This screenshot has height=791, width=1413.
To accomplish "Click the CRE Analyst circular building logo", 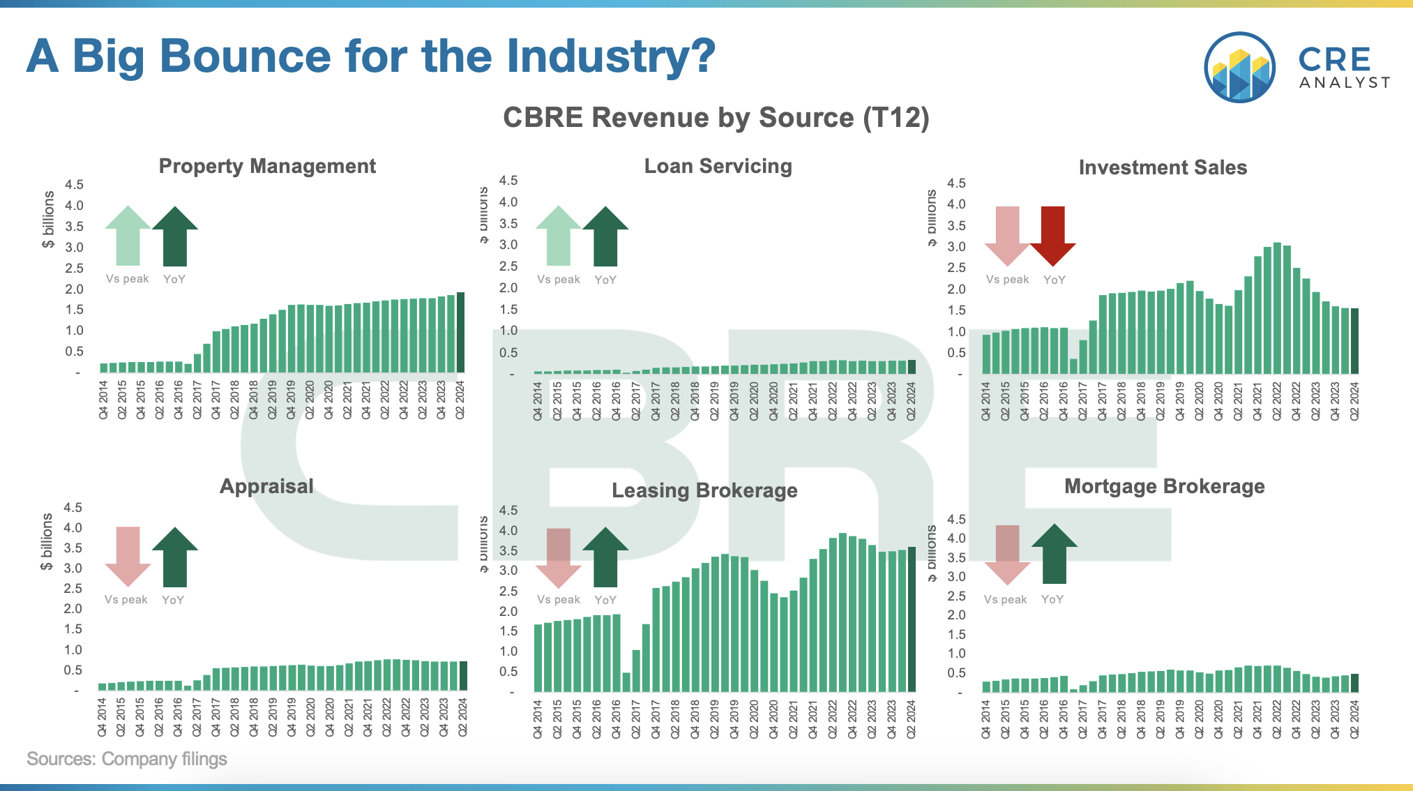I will (x=1239, y=68).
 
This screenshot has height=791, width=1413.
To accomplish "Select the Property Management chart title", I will (x=267, y=166).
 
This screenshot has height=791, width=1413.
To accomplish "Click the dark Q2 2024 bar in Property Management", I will (x=460, y=332).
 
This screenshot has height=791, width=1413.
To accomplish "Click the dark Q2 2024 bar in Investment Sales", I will (x=1354, y=340).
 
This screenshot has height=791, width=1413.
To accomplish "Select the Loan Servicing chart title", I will (x=718, y=166).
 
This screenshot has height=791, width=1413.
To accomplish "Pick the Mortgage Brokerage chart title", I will (x=1164, y=486).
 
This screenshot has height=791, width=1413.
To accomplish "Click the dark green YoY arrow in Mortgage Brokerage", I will (x=1055, y=554).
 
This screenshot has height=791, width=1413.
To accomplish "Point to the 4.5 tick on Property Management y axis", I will (x=74, y=185).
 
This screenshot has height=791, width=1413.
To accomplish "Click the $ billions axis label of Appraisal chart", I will (x=47, y=542).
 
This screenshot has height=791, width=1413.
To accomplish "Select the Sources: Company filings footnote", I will (x=127, y=759).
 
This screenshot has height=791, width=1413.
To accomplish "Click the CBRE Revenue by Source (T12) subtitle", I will (x=716, y=117).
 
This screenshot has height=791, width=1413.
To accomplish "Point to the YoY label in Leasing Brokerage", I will (x=605, y=600).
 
